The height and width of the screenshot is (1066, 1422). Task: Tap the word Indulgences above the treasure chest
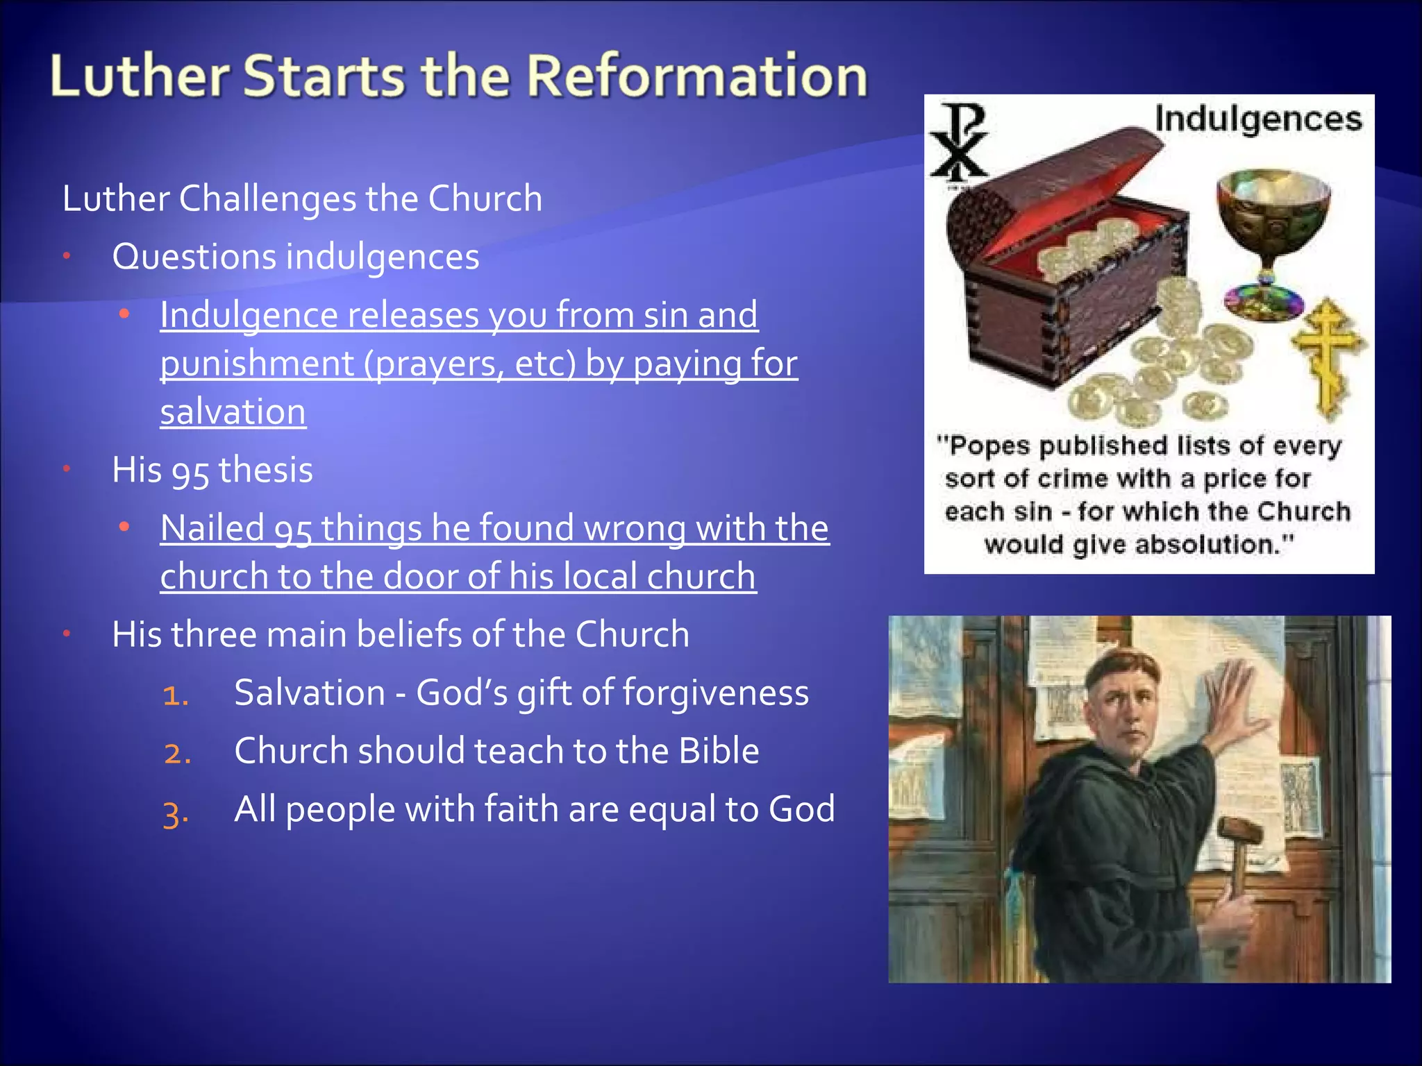click(x=1257, y=119)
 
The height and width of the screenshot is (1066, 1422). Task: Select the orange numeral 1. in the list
click(x=176, y=695)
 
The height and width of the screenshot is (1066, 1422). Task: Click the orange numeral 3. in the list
click(x=176, y=812)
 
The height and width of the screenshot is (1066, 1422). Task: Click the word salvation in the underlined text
click(x=233, y=412)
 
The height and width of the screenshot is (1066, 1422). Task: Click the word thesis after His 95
click(x=265, y=470)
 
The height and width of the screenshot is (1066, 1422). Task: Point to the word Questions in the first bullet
click(x=194, y=257)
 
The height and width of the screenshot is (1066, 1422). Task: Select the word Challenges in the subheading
click(x=267, y=199)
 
